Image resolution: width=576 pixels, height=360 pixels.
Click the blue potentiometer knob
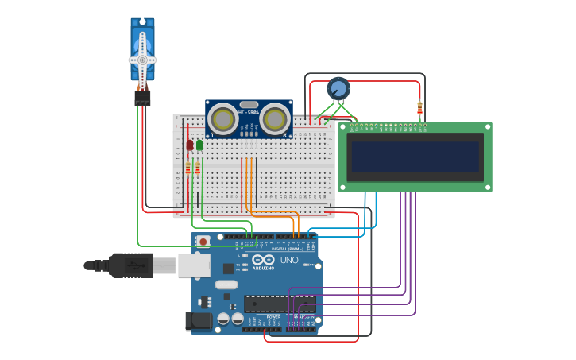point(338,87)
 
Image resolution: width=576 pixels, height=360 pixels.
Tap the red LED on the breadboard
point(189,145)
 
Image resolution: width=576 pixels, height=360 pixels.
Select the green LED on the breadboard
point(199,145)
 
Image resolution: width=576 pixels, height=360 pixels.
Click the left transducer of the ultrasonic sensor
point(222,119)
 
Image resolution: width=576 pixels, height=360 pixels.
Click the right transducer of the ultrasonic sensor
point(275,119)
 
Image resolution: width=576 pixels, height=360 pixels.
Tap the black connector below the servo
point(142,97)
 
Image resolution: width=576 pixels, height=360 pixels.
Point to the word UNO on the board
point(288,260)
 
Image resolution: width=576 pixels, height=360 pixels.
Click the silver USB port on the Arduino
point(193,265)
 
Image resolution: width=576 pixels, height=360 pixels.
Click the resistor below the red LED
point(188,168)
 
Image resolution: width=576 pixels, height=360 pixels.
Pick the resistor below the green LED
point(198,168)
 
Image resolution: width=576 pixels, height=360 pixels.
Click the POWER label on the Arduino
point(273,316)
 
